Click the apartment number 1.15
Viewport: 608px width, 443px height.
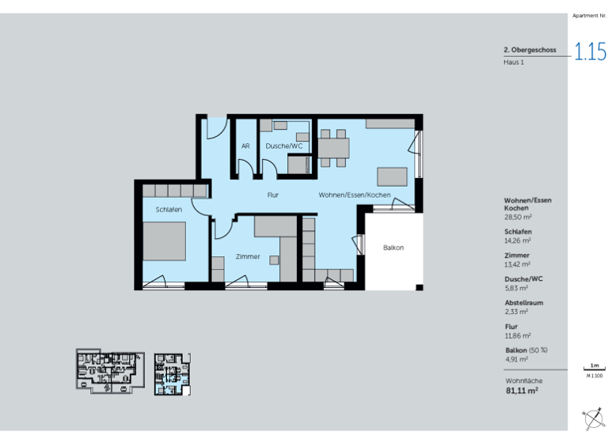[590, 53]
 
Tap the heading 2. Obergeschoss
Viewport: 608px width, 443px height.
[530, 50]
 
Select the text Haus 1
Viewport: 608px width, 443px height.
[514, 62]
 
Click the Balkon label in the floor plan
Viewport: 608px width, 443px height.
[393, 248]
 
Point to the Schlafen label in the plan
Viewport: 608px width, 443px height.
[169, 210]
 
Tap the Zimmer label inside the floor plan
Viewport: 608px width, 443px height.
[248, 256]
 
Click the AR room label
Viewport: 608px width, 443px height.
[246, 146]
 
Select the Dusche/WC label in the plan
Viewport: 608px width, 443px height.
[284, 146]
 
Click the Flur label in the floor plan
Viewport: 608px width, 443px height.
[272, 195]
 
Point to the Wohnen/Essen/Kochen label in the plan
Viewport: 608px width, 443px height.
[355, 195]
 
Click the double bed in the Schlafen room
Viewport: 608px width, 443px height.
[165, 241]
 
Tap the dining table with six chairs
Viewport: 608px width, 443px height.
[333, 148]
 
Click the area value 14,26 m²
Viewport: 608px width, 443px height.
[518, 240]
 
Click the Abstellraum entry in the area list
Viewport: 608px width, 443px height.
[523, 302]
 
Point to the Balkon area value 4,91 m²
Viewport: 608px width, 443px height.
[516, 359]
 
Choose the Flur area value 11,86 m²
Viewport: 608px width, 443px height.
[518, 335]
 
